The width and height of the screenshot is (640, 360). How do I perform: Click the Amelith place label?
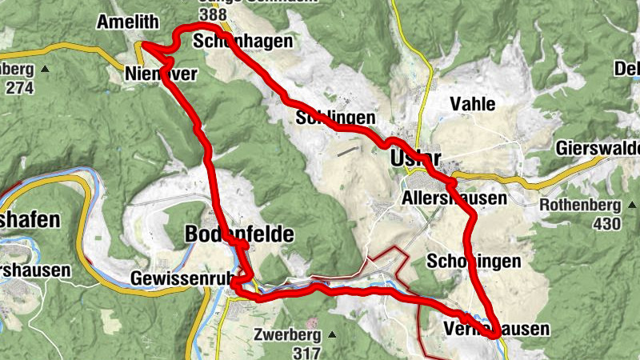pos(127,22)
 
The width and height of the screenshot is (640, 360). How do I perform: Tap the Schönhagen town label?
pos(237,42)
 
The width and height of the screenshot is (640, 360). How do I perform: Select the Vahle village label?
pos(472,104)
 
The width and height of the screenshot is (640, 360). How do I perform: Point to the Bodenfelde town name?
pos(239,234)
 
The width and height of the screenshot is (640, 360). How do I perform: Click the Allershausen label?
pos(454,198)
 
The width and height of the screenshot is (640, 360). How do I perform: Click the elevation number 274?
pos(19,87)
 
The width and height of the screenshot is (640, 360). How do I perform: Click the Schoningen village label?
pos(474,262)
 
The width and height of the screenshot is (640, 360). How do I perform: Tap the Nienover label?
pos(160,74)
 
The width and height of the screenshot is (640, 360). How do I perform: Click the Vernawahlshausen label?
pos(496,329)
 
